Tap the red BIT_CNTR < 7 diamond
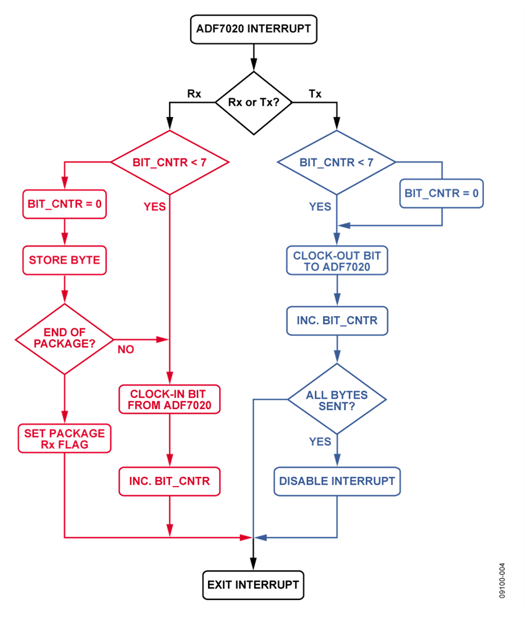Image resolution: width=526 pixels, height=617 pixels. (169, 162)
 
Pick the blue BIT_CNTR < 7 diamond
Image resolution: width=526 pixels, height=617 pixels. (336, 162)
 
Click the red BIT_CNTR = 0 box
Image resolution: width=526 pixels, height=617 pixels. (64, 204)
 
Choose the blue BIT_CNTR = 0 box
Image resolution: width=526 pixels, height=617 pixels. (442, 193)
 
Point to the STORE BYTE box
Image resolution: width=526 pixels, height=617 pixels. (64, 260)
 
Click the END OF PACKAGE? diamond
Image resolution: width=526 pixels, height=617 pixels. (64, 338)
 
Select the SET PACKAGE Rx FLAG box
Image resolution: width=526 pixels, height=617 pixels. (64, 438)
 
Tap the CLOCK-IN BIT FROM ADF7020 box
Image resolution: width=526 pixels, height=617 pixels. (169, 399)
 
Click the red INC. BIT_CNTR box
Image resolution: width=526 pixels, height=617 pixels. (169, 482)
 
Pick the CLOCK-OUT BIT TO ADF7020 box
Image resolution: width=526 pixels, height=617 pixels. (337, 261)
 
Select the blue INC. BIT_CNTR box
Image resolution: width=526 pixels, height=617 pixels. (337, 321)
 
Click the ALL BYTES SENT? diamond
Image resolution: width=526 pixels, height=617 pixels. (337, 400)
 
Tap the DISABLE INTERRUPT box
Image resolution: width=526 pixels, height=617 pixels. (337, 481)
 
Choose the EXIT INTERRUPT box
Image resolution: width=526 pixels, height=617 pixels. (253, 584)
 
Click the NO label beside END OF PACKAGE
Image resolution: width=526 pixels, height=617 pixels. (126, 349)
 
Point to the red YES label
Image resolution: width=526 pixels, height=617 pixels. (154, 207)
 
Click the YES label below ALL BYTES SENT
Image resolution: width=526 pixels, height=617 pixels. (320, 442)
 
